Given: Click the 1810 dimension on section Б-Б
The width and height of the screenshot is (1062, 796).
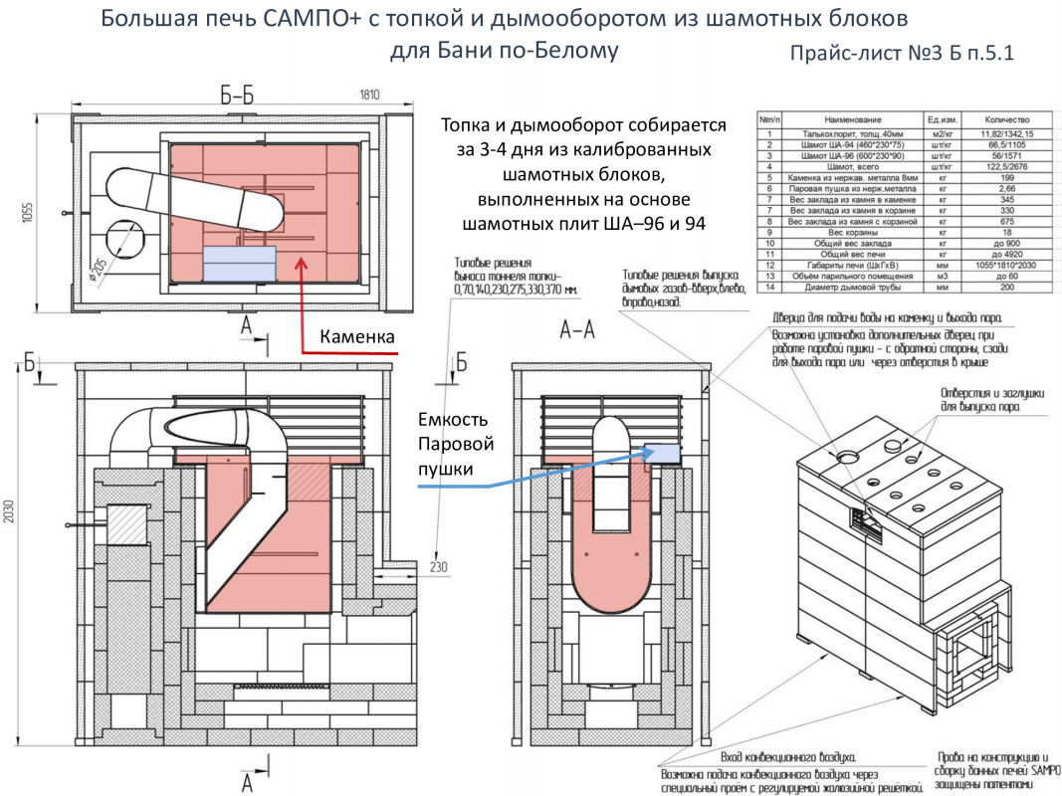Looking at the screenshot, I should [x=368, y=95].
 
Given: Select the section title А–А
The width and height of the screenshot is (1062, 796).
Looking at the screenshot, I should [x=578, y=330].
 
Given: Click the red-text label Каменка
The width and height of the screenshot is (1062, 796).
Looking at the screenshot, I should [x=357, y=338].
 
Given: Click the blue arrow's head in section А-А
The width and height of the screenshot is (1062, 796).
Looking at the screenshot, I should [x=657, y=451].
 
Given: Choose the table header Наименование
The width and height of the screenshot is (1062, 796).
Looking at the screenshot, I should [x=847, y=118].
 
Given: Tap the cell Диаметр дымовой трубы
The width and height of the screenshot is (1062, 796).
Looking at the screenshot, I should [x=847, y=288].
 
